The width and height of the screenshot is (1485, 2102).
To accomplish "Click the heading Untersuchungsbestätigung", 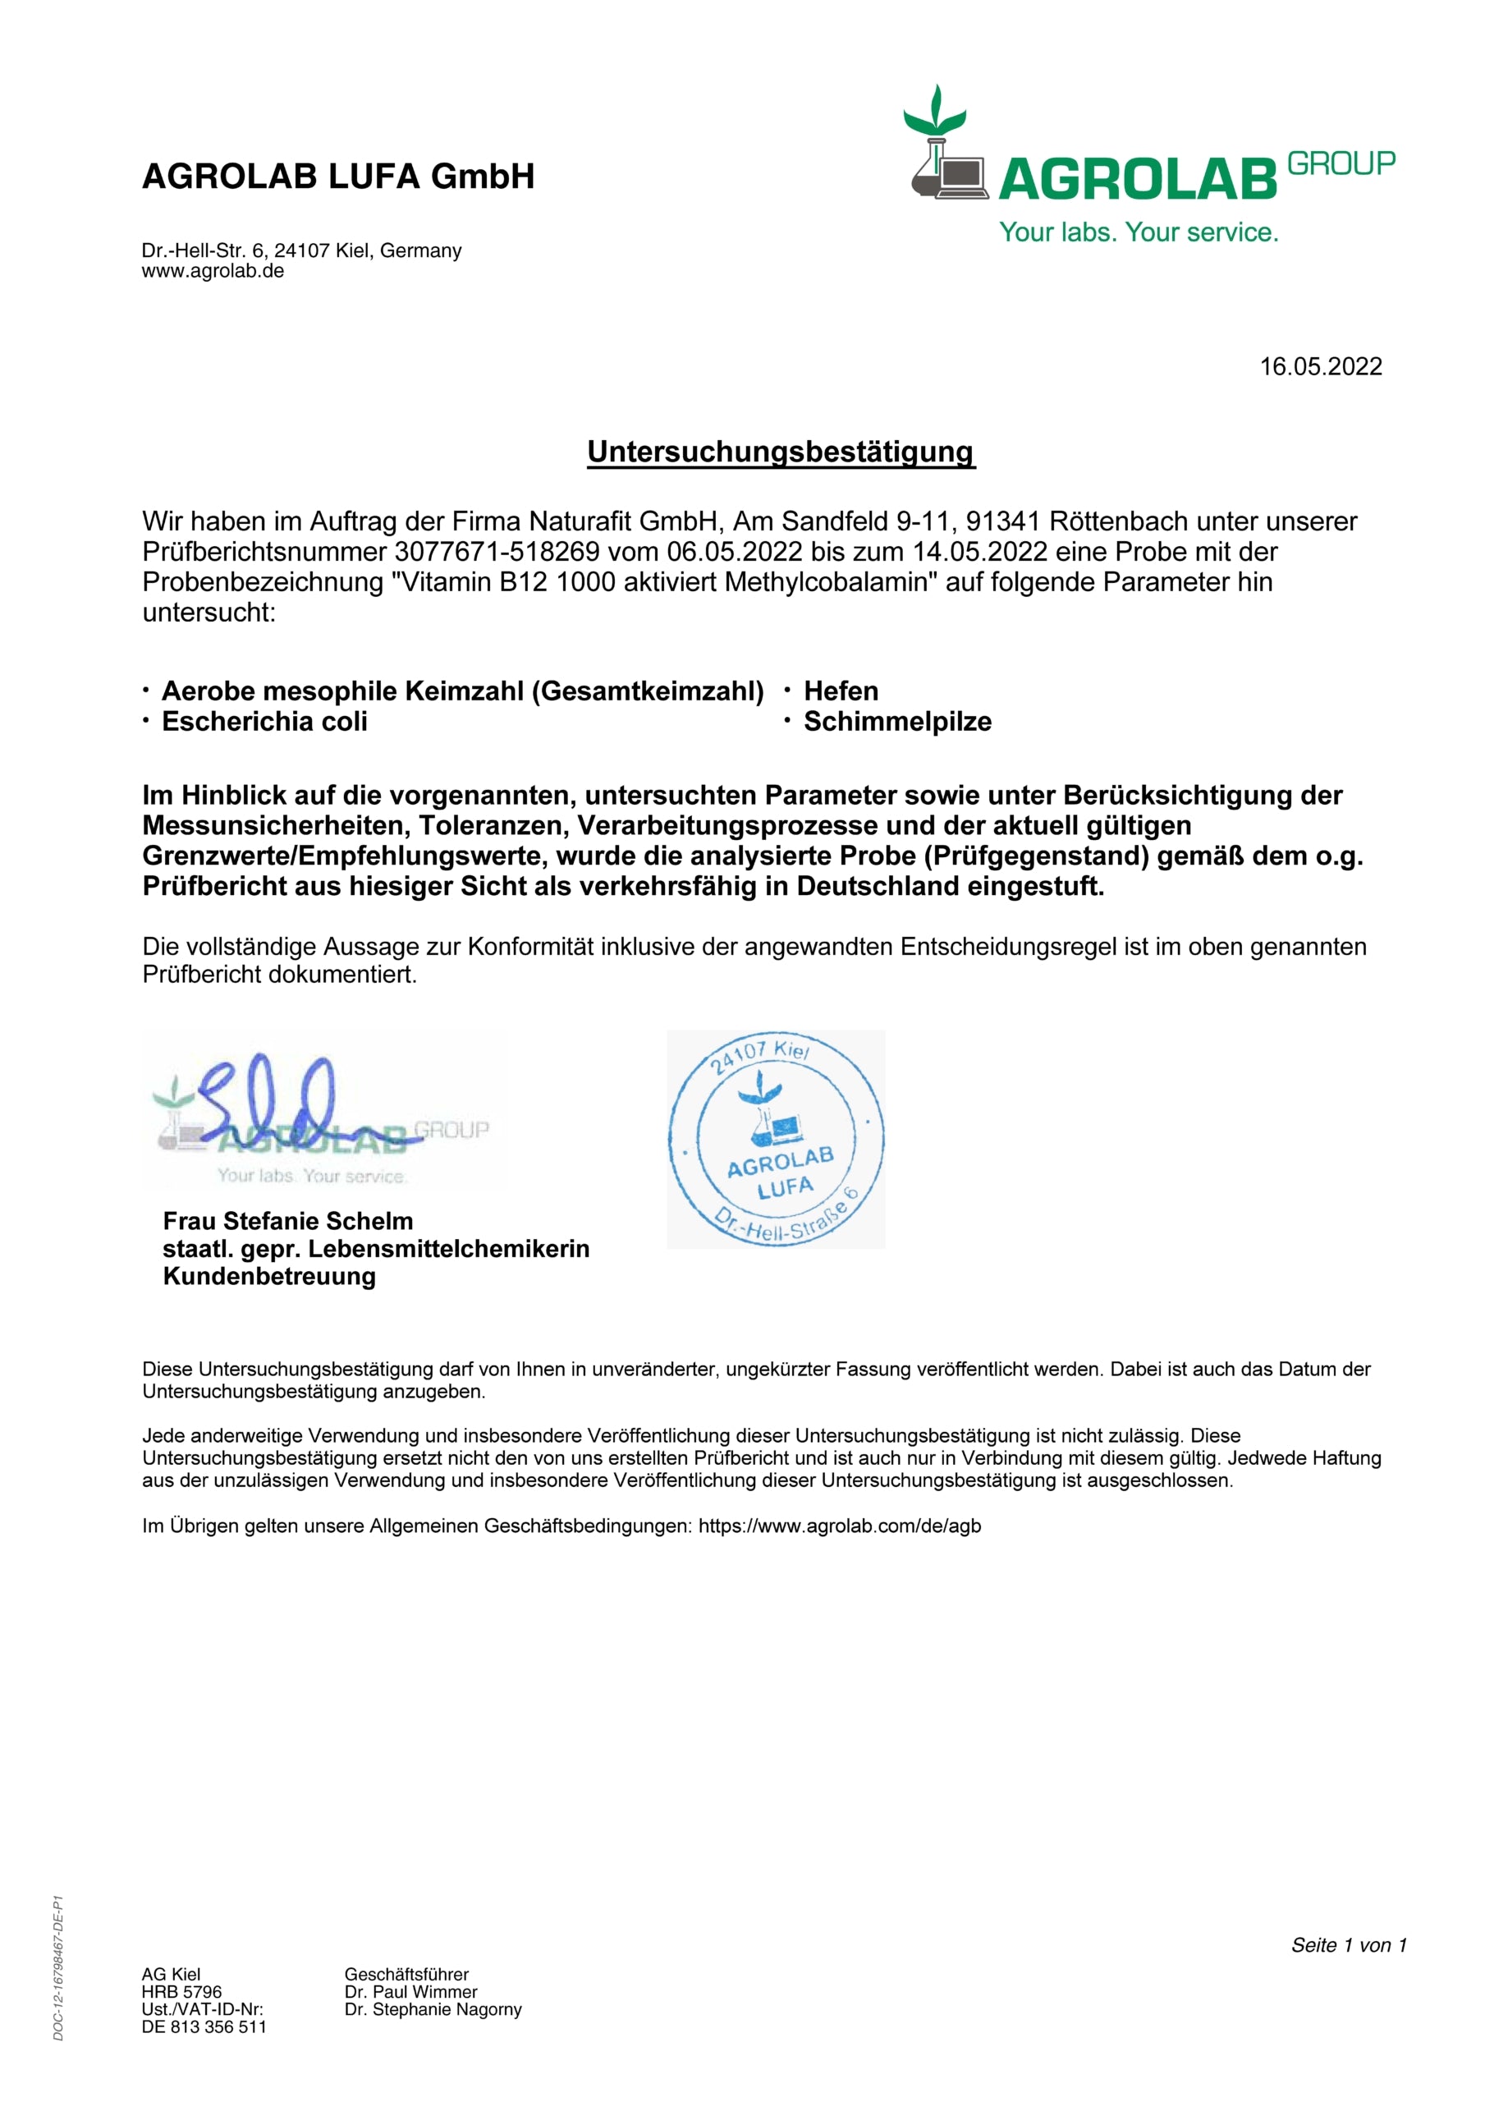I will [781, 452].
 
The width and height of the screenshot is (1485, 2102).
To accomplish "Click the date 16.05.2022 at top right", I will [1320, 366].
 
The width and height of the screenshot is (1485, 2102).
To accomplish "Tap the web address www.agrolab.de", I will [213, 271].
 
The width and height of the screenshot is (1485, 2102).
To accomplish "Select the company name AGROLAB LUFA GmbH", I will [338, 176].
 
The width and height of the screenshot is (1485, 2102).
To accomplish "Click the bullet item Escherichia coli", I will [264, 722].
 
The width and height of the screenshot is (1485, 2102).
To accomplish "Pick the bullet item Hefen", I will [841, 691].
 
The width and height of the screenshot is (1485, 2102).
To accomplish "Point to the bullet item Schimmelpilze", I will [897, 722].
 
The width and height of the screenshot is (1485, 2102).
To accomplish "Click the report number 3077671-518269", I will [497, 551].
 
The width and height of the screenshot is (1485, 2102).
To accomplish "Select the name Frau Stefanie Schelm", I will [287, 1220].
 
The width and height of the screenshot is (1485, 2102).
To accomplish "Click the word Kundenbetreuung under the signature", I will [269, 1276].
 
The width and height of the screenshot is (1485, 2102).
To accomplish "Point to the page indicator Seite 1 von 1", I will [1349, 1944].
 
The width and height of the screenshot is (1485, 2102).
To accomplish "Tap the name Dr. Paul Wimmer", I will [411, 1991].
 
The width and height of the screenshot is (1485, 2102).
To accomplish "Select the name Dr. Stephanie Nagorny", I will [433, 2008].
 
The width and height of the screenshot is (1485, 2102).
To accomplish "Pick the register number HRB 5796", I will [181, 1991].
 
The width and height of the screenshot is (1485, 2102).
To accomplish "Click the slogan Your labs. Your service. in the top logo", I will [1138, 232].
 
